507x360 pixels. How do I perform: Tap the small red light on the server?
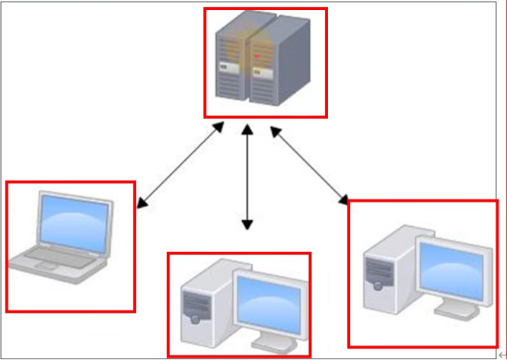pos(257,56)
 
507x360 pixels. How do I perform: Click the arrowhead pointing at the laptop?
pos(142,203)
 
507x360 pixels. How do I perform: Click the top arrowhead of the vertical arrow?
pos(246,129)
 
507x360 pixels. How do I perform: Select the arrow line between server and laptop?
pos(181,164)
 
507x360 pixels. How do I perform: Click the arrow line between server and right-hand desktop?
pos(308,164)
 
